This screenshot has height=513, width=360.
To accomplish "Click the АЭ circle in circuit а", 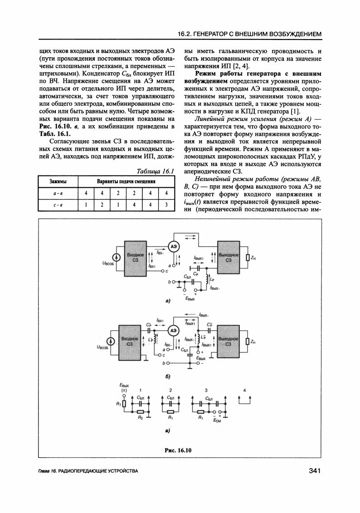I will click(x=174, y=246).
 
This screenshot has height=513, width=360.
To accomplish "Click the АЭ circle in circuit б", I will click(x=174, y=331).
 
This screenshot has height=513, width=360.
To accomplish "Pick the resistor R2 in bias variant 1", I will click(x=140, y=413).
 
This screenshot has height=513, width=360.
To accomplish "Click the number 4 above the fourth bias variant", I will click(x=245, y=391).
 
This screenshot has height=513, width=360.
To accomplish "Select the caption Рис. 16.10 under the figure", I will click(x=179, y=450).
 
